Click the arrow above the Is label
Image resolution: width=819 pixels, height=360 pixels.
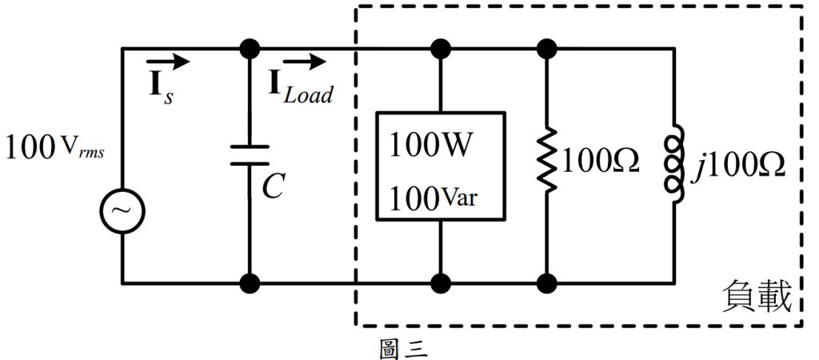[168, 61]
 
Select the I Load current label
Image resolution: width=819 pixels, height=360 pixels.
[300, 89]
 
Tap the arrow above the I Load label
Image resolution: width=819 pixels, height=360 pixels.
[304, 61]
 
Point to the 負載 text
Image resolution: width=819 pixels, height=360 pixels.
[756, 298]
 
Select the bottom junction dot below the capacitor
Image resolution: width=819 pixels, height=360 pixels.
[251, 282]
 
